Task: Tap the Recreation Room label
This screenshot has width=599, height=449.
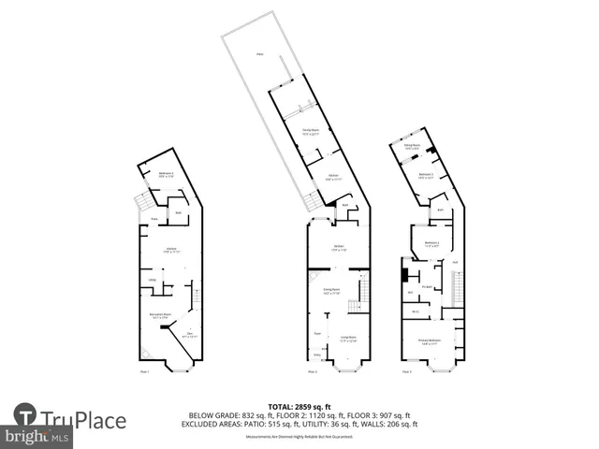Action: [x=159, y=315]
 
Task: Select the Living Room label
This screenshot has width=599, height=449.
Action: [x=349, y=340]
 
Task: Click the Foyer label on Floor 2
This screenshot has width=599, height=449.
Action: [x=317, y=334]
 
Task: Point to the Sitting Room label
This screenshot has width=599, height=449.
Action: [x=410, y=146]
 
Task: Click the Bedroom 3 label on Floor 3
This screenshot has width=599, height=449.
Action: [x=426, y=175]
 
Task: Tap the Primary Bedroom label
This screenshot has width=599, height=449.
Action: [x=430, y=342]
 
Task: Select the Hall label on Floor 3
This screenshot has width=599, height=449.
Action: [x=456, y=263]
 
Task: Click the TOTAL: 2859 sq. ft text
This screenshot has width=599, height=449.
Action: [x=299, y=404]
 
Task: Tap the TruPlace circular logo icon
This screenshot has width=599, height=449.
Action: [x=26, y=414]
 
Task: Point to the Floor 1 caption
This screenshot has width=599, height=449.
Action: [x=144, y=372]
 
